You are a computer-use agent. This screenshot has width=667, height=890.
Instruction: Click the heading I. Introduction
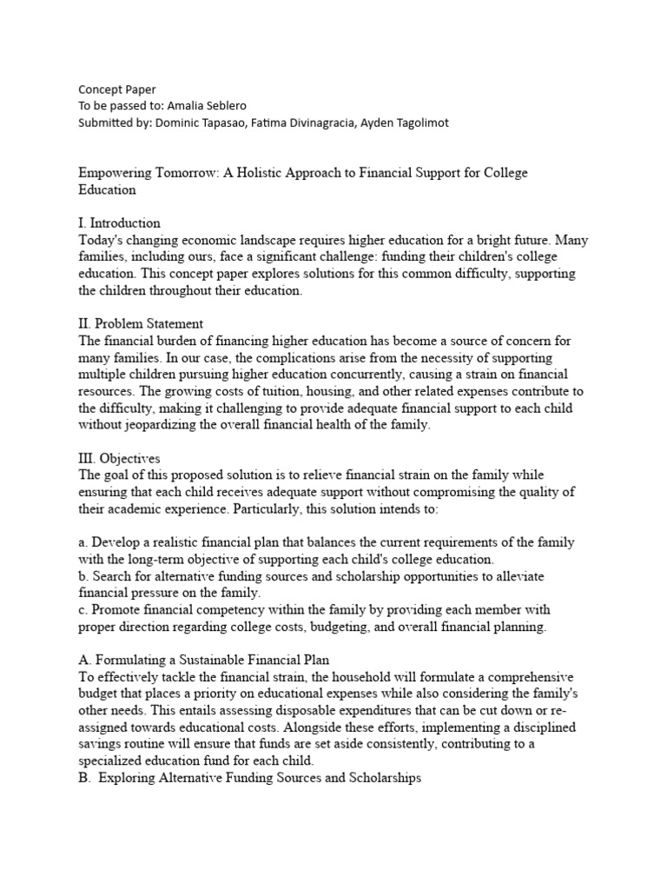(119, 223)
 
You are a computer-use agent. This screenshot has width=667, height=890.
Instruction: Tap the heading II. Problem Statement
(141, 324)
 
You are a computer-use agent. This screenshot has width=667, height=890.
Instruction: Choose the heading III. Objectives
(119, 458)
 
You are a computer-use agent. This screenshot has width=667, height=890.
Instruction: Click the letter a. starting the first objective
(83, 541)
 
